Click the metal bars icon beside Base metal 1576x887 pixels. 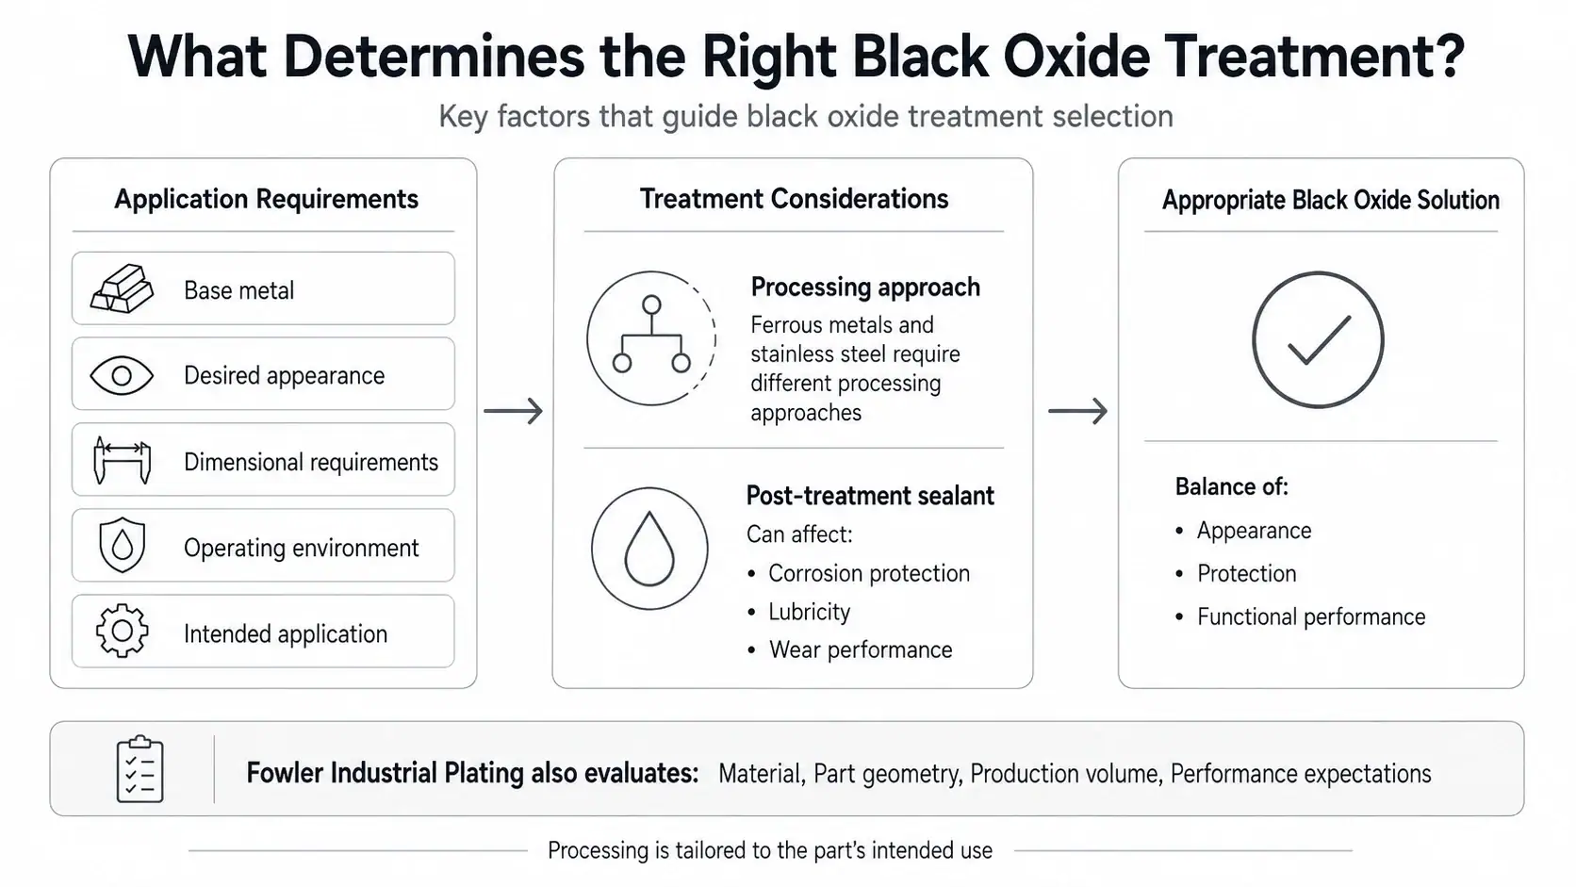(x=122, y=287)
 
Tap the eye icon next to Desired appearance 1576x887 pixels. (x=122, y=375)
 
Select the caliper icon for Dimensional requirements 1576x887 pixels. (x=122, y=461)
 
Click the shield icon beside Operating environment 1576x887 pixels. (x=122, y=545)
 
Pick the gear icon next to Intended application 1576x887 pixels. (x=122, y=631)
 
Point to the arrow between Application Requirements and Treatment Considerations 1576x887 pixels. (x=513, y=411)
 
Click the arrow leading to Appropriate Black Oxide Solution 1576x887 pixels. (x=1078, y=411)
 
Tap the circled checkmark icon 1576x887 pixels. (x=1318, y=274)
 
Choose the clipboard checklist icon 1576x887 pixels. (x=140, y=769)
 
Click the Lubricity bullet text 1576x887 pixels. (x=809, y=612)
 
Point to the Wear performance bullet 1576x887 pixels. (x=861, y=650)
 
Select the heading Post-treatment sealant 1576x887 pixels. (x=870, y=496)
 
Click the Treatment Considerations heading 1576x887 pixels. (x=794, y=199)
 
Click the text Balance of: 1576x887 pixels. (x=1231, y=486)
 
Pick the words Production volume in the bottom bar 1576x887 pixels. (x=1064, y=774)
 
